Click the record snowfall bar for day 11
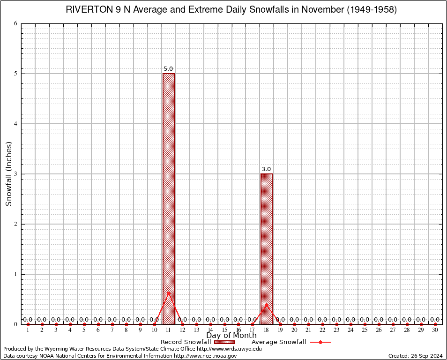(169, 187)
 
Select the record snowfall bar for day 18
(267, 244)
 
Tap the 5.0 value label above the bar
(168, 69)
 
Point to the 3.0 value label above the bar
(266, 169)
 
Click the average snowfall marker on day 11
(169, 293)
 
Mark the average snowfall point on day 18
(267, 305)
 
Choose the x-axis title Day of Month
(231, 335)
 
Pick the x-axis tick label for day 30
(435, 330)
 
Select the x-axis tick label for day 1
(28, 330)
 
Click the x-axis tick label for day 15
(224, 330)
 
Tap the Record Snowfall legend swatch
(224, 342)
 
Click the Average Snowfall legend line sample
(320, 342)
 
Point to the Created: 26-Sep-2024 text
(415, 356)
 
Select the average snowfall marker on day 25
(365, 324)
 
